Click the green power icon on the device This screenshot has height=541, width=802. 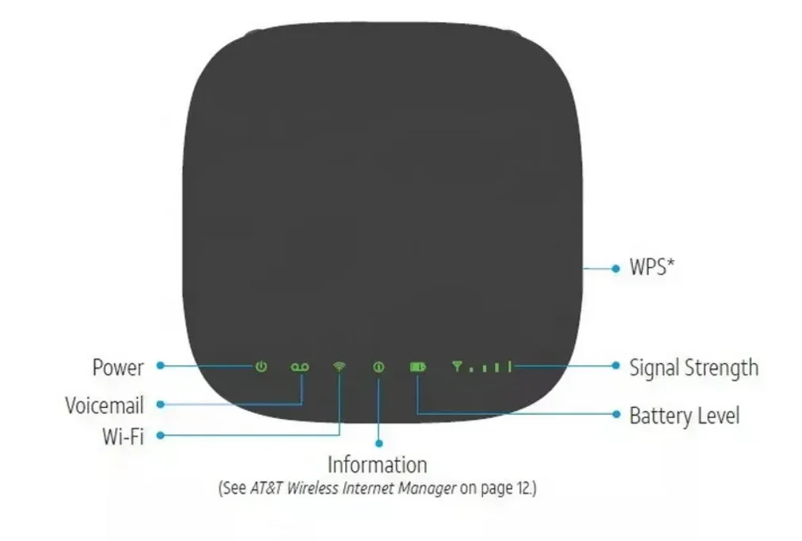(x=261, y=366)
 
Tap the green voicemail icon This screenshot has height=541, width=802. (x=300, y=366)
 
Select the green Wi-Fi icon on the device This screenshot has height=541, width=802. (x=340, y=366)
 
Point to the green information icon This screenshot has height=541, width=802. (x=378, y=366)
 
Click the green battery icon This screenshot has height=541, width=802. (x=417, y=366)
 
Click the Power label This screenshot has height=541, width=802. (x=118, y=367)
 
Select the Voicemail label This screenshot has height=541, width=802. (x=104, y=405)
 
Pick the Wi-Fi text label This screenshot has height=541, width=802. (x=122, y=435)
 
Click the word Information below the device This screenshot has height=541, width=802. (x=377, y=464)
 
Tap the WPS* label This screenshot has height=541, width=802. (x=651, y=267)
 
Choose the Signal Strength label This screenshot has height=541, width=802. (x=693, y=367)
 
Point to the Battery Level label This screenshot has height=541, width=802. (x=684, y=415)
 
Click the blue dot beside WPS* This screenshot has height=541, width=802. (x=616, y=269)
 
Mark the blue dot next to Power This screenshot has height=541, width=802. (x=159, y=366)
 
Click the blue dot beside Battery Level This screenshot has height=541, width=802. (x=616, y=414)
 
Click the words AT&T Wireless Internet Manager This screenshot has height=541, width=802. (x=353, y=487)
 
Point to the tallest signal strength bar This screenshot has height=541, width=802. (x=510, y=366)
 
